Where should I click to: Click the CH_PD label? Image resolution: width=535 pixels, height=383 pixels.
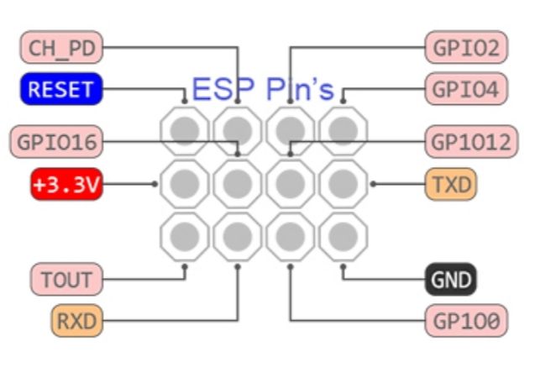60,48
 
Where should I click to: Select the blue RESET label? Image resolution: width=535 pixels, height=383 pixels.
60,90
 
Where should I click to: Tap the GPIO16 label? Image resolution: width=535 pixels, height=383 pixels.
55,142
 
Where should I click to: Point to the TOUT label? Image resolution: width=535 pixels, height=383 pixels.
66,278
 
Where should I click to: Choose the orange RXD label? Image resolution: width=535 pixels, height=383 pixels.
76,320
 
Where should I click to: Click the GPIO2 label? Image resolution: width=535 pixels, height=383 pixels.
467,48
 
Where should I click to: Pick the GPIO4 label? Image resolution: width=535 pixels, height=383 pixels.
467,88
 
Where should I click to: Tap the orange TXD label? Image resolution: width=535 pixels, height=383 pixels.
451,184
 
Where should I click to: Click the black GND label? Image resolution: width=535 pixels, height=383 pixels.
451,280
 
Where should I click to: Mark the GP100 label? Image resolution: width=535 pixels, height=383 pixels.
467,320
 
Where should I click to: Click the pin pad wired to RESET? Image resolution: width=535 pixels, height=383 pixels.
185,131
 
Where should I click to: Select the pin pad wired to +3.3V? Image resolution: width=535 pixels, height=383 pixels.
185,183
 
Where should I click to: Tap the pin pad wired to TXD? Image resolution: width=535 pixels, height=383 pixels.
343,183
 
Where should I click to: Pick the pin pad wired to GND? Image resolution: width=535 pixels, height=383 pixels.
343,236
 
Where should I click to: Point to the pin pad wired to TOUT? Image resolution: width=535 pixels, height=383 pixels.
185,236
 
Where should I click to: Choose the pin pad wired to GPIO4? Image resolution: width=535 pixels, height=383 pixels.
343,131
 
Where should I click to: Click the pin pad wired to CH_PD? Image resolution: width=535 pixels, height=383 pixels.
238,131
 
